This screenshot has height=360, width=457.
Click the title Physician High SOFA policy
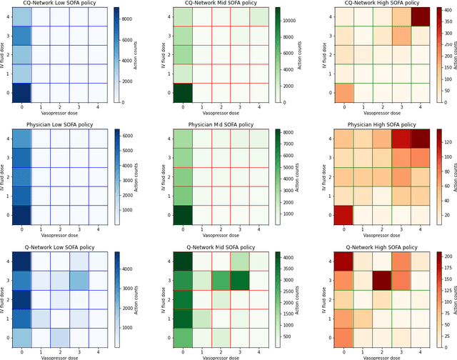pos(378,124)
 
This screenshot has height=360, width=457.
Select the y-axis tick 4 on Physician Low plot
pos(6,138)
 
